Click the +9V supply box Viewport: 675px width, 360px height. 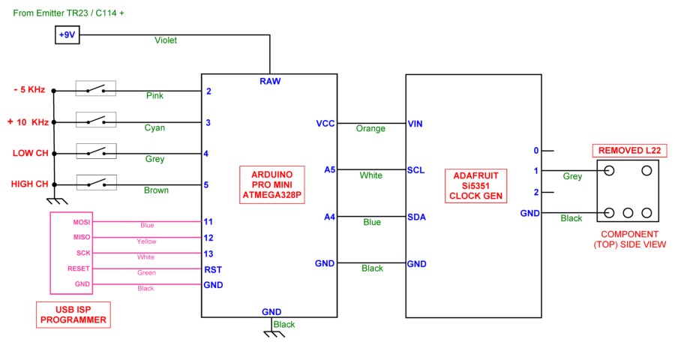click(67, 35)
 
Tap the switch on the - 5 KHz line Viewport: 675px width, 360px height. click(95, 90)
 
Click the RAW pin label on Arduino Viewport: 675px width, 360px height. click(270, 81)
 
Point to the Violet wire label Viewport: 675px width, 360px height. click(166, 40)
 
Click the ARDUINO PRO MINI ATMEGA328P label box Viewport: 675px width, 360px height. click(271, 185)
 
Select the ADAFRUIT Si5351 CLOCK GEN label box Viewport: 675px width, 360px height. click(474, 185)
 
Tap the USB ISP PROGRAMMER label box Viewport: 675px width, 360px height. click(73, 314)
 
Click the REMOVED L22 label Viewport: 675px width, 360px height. click(629, 151)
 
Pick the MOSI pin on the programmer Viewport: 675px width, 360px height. click(81, 222)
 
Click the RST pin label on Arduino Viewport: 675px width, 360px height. click(213, 269)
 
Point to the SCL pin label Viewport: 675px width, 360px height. click(415, 169)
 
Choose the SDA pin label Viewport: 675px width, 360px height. click(416, 217)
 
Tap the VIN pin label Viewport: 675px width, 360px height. click(415, 123)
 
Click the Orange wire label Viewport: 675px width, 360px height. click(370, 128)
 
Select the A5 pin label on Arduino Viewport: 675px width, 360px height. click(330, 169)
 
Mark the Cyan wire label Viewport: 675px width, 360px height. click(154, 127)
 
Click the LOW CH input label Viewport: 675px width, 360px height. click(30, 153)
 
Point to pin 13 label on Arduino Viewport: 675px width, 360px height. click(209, 253)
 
